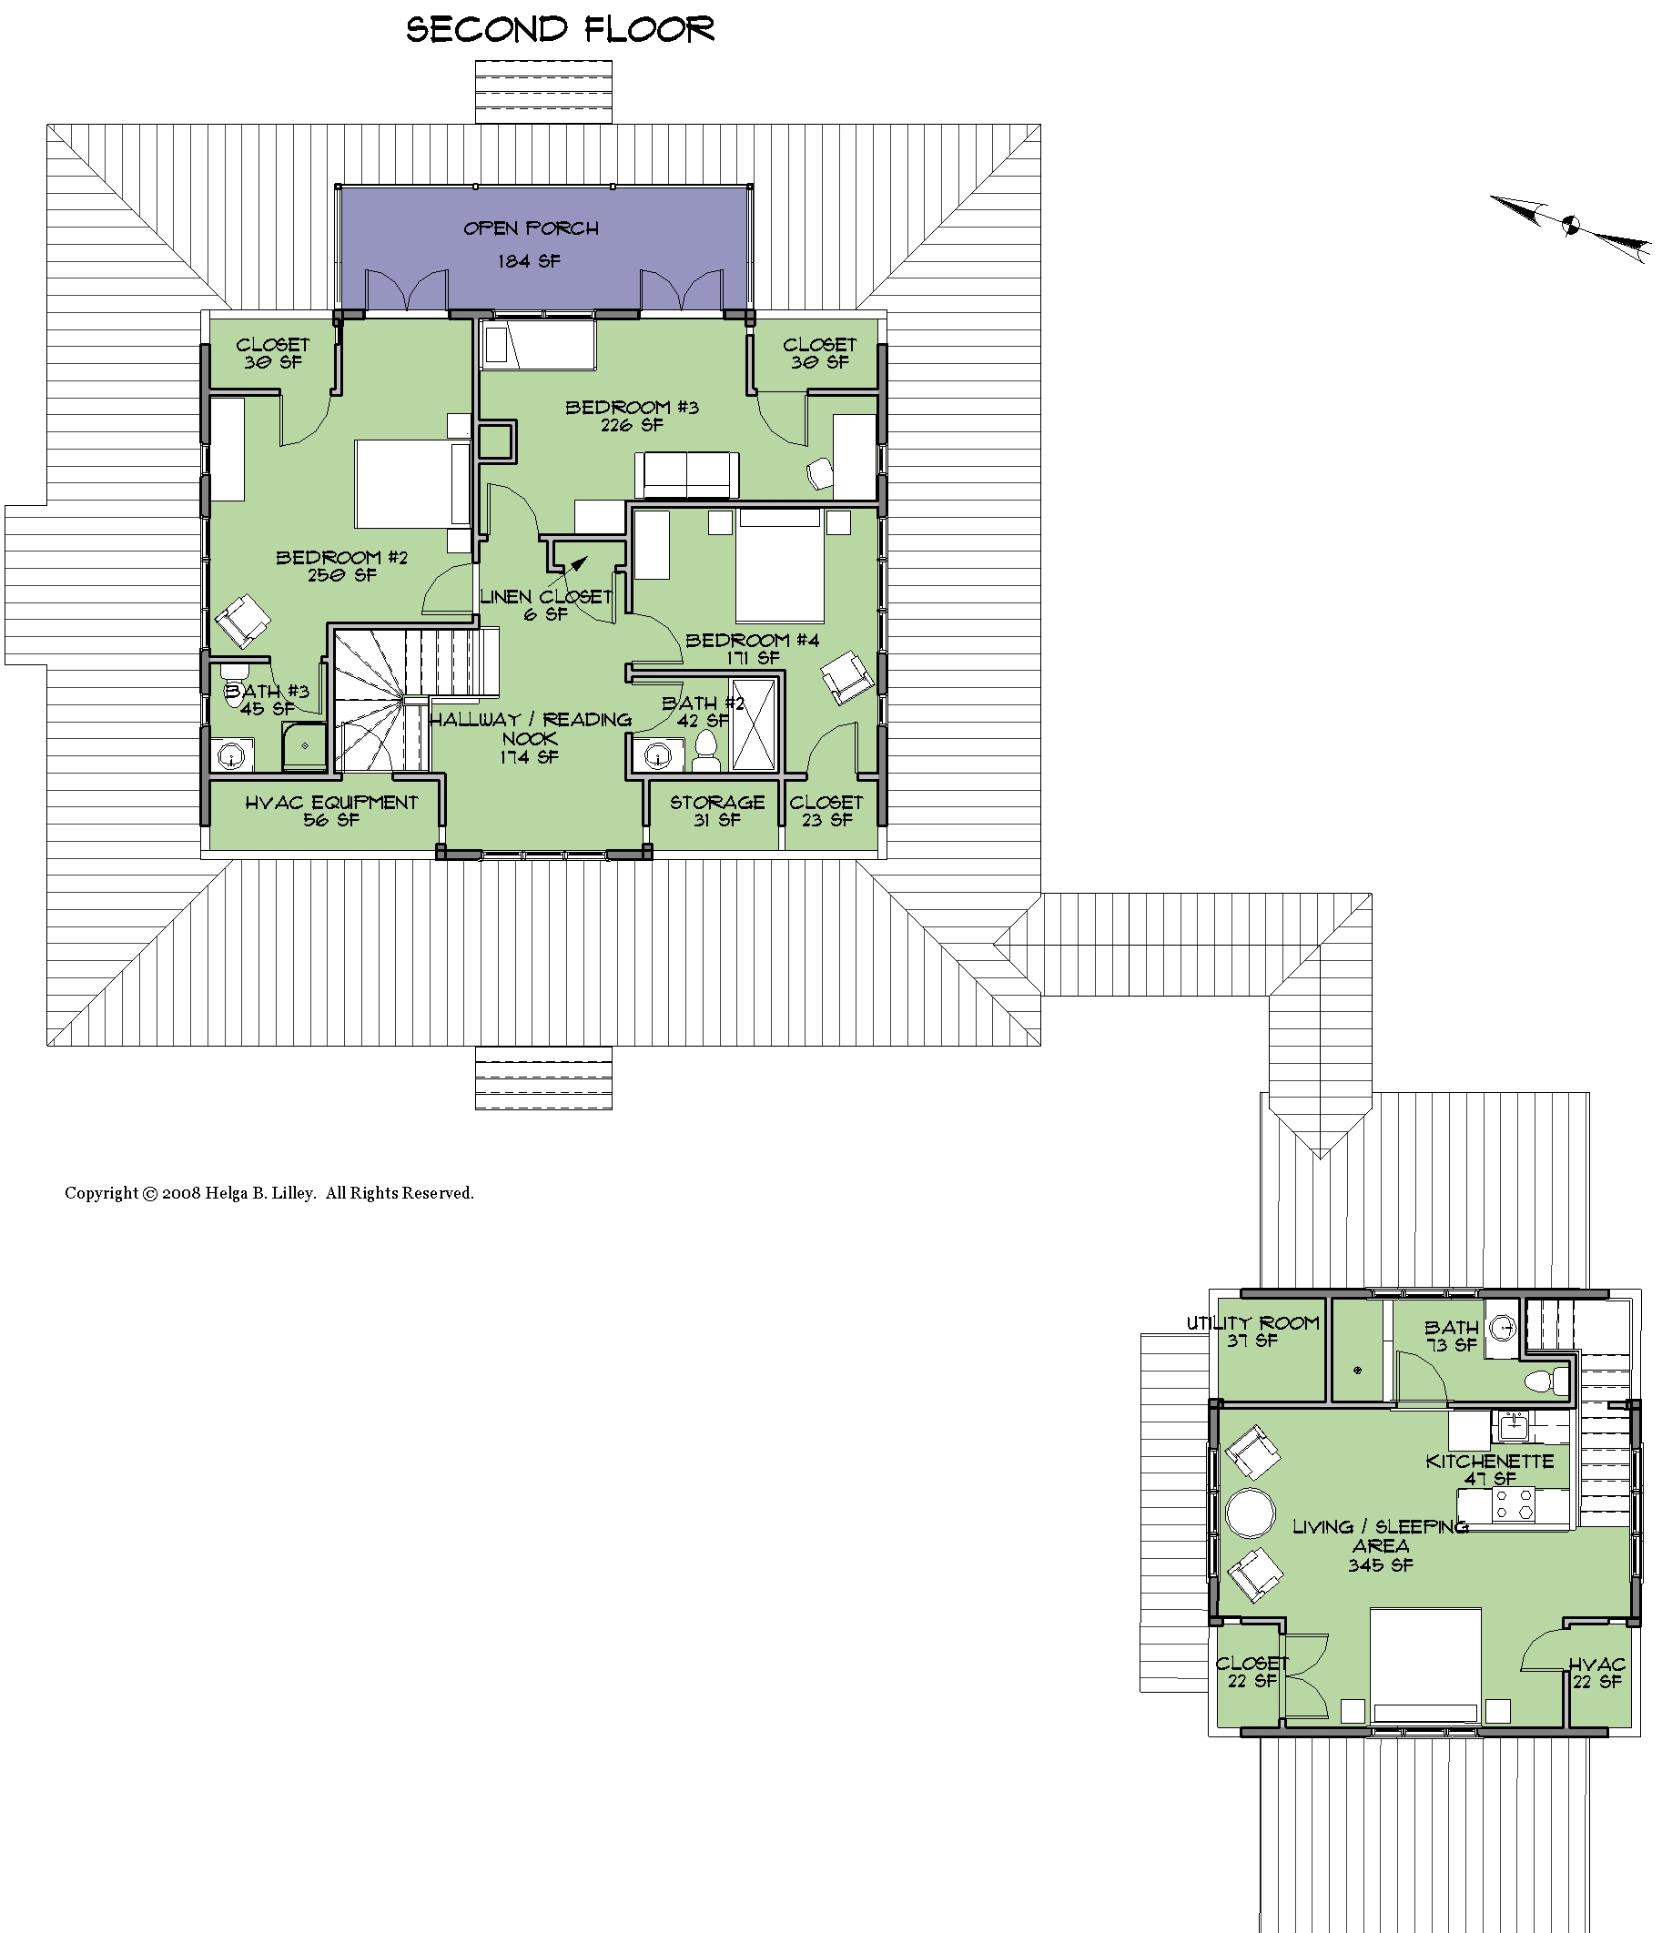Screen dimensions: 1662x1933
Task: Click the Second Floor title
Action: click(560, 29)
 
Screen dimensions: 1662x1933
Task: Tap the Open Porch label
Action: click(531, 228)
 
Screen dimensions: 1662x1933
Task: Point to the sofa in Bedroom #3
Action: click(687, 476)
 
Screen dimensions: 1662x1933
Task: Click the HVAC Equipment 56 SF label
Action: click(331, 811)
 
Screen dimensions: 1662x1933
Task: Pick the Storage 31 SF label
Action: click(716, 811)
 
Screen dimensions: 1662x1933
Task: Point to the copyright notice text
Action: click(269, 1193)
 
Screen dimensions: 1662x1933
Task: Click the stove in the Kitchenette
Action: click(1514, 1504)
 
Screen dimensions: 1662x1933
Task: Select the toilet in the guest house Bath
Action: click(1547, 1381)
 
